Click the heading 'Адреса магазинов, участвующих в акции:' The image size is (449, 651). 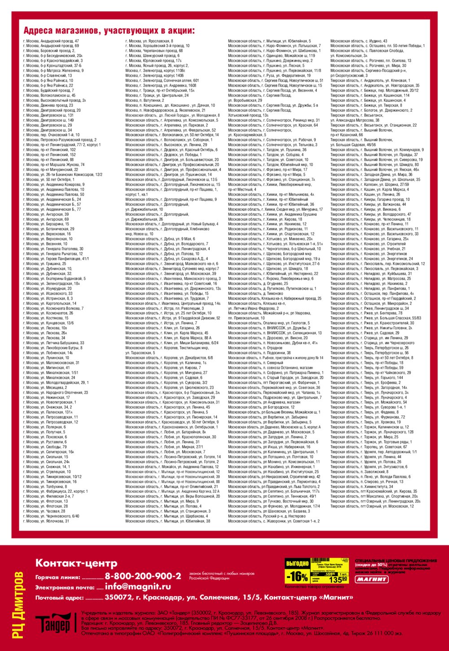109,31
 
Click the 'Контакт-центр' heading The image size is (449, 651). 76,563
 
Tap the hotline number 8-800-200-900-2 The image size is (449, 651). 143,576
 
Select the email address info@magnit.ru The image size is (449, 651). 137,586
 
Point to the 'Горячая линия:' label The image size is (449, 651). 58,577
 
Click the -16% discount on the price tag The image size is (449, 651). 297,576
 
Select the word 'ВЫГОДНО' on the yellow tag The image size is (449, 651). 297,564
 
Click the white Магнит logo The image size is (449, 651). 371,579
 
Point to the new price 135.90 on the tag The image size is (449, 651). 339,579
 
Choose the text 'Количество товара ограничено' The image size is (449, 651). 314,586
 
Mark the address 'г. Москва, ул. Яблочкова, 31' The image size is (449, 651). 46,521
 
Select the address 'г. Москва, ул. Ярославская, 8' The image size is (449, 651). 149,41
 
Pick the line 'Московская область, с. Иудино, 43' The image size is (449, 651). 359,41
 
